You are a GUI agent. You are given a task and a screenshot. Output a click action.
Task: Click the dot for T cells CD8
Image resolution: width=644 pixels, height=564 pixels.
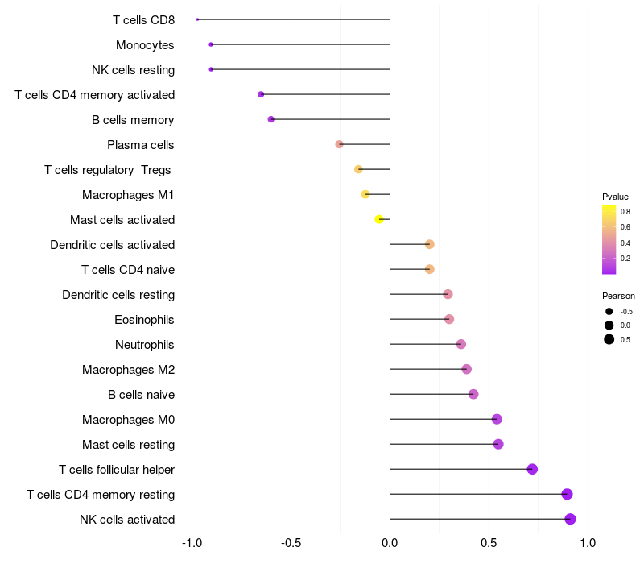coord(197,19)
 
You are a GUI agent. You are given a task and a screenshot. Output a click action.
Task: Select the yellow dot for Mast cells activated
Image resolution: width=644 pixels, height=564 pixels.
coord(379,219)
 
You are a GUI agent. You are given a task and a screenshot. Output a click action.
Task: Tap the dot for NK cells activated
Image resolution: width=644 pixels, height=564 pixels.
coord(570,519)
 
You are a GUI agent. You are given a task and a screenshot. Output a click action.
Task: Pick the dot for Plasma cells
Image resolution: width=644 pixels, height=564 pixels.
coord(340,144)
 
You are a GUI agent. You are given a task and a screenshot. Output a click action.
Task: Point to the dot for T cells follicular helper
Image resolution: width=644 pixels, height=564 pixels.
coord(532,469)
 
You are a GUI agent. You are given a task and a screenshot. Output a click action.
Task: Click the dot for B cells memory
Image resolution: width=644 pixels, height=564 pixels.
coord(271,119)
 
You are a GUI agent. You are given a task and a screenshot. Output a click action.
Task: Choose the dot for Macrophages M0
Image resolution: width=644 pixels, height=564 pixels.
coord(497,419)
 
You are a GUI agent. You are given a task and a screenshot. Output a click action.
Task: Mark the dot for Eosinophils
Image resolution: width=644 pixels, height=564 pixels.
coord(449,319)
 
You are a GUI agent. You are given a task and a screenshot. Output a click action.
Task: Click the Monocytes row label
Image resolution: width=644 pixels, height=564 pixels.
coord(145,44)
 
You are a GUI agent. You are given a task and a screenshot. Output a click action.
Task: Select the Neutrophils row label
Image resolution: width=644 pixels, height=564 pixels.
coord(145,345)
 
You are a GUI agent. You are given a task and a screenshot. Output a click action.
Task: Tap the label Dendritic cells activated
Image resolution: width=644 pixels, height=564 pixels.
coord(112,245)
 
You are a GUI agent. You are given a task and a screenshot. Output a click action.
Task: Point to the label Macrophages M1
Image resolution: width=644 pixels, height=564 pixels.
coord(128,195)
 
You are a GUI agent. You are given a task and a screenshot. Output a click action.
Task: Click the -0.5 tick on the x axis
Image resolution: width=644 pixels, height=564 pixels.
coord(291,543)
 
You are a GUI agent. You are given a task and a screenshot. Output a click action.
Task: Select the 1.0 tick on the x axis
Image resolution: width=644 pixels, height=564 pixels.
coord(588,543)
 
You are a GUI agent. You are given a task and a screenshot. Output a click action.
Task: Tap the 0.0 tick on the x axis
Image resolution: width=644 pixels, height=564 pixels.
coord(390,543)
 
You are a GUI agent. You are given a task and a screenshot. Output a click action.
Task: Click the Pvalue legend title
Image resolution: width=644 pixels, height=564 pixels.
coord(615,197)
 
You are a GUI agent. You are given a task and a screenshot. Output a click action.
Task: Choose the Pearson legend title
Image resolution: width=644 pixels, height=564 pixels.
coord(618,296)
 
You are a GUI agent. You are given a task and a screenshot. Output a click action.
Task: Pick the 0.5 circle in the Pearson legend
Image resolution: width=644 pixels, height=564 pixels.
coord(609,339)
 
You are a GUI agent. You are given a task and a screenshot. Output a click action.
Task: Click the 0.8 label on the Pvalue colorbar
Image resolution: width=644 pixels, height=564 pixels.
coord(625,212)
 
